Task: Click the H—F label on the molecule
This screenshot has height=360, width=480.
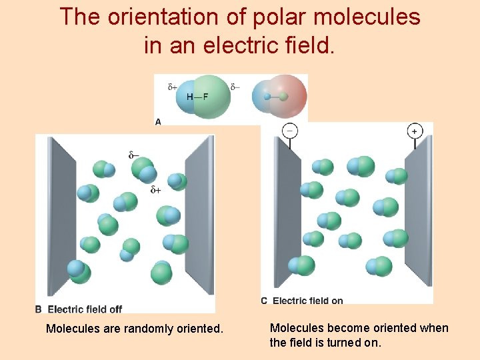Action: coord(197,97)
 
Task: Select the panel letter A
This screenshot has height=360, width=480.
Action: coord(158,121)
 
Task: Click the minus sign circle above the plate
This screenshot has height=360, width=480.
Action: coord(290,131)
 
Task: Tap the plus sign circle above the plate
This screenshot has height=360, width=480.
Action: coord(415,131)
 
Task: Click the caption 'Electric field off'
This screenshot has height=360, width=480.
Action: coord(85,309)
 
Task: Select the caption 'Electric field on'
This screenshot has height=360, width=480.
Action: coord(307,301)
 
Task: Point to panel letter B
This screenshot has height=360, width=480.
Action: coord(39,309)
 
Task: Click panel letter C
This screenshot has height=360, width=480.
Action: coord(264,301)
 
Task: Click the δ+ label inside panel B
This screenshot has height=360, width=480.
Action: coord(156,189)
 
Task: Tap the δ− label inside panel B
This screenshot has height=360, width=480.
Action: coord(134,155)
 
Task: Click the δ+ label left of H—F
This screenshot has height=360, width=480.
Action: coord(172,87)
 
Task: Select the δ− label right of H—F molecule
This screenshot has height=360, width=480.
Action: coord(235,87)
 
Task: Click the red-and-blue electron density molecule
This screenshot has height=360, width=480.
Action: coord(280,97)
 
